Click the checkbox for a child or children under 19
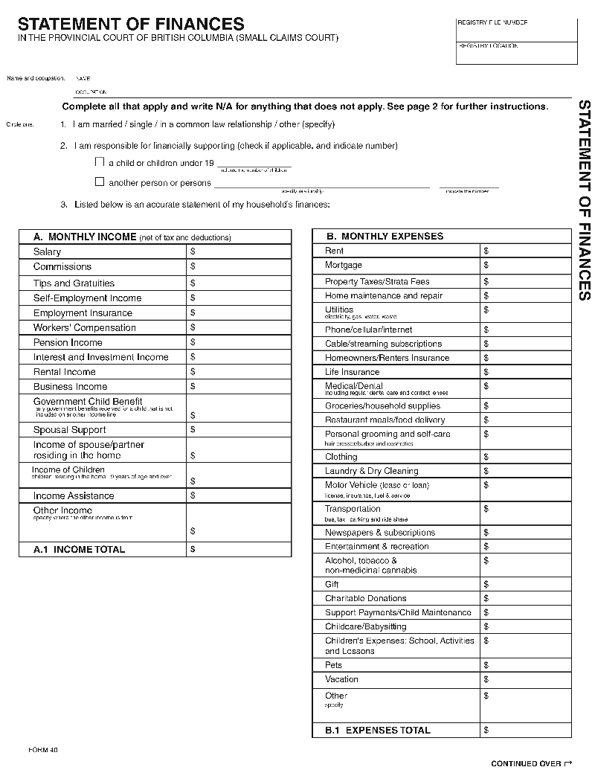[100, 161]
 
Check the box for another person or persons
[100, 182]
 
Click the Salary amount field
[238, 252]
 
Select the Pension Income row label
[68, 342]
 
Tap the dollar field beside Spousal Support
[238, 430]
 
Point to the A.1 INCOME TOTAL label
[79, 550]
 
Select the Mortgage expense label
[344, 265]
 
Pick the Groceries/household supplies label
[382, 406]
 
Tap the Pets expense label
[333, 665]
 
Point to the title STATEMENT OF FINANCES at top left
[131, 25]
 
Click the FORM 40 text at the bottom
[42, 748]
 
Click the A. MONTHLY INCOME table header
[132, 237]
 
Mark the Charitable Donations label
[365, 598]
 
